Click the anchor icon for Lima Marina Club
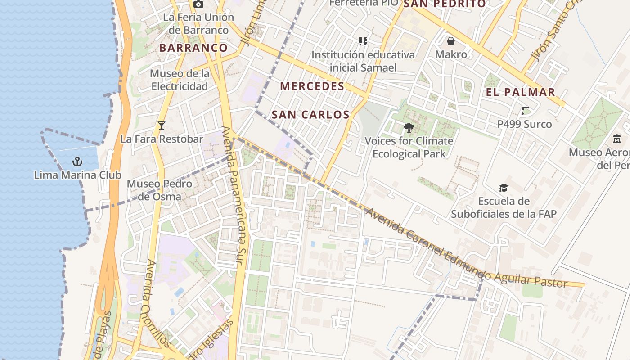[77, 161]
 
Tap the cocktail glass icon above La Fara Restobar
[162, 126]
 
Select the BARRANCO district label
[193, 48]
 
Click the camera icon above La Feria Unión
[198, 4]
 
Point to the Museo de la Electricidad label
[180, 80]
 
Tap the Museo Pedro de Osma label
[159, 190]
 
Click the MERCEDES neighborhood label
[312, 86]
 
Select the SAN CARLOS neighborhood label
[310, 115]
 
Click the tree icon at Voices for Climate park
[409, 128]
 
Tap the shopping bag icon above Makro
[451, 41]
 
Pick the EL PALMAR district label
[520, 93]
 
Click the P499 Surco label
[524, 124]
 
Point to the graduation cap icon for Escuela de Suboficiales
[504, 188]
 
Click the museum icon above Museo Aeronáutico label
[616, 139]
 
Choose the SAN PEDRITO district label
[444, 4]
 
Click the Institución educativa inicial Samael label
[363, 61]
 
